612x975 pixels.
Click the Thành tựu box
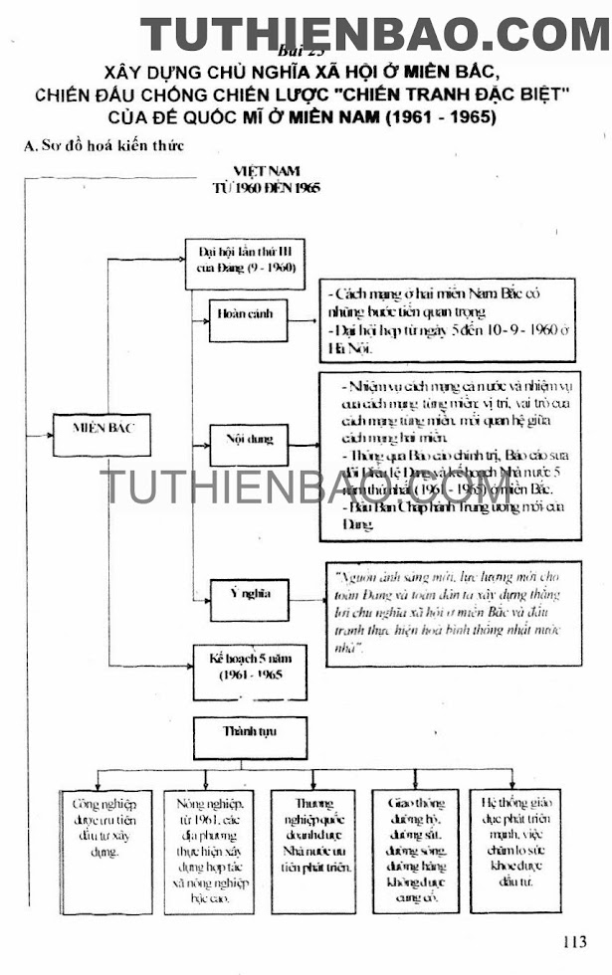(x=250, y=734)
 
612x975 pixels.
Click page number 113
(x=574, y=942)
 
